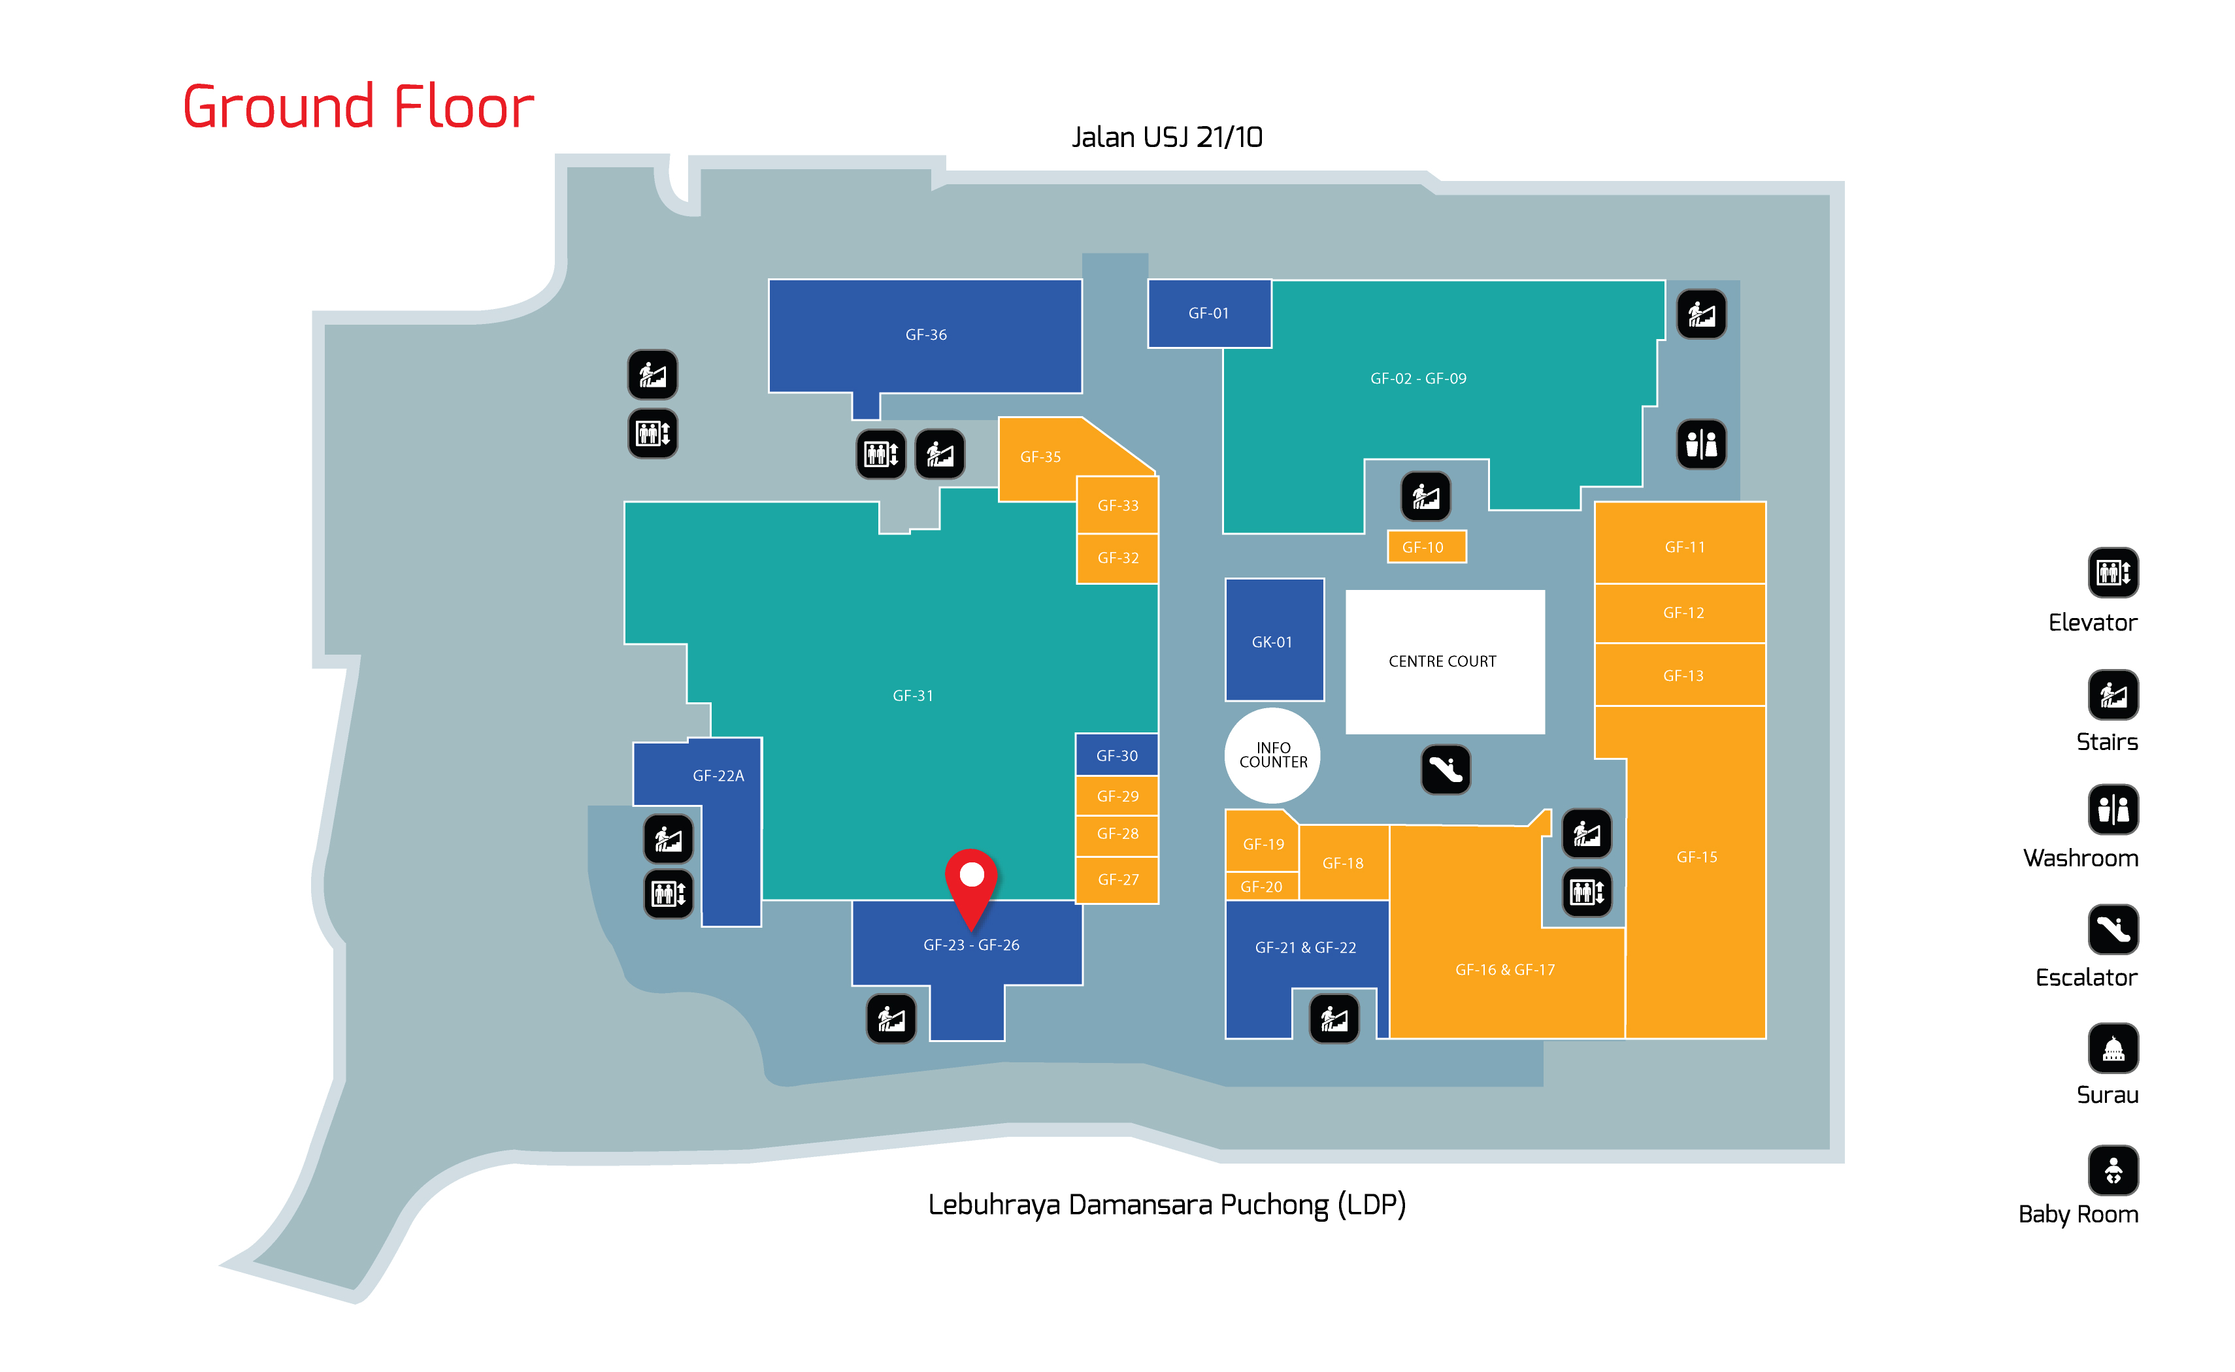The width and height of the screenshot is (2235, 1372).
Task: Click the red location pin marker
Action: point(971,880)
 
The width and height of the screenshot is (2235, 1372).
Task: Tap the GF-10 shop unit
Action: point(1425,547)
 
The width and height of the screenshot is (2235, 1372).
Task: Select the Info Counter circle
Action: point(1272,755)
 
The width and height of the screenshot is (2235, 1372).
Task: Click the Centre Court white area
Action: point(1444,661)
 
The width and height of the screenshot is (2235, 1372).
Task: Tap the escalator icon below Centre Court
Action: point(1445,770)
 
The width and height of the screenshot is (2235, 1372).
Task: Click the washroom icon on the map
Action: point(1700,445)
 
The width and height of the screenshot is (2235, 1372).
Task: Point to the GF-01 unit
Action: point(1209,313)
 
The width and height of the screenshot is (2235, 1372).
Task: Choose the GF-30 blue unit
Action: point(1116,755)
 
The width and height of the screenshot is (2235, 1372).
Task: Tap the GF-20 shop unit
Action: point(1261,887)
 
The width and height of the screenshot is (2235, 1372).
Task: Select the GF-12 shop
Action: point(1682,613)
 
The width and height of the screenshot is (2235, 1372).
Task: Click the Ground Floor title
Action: point(358,107)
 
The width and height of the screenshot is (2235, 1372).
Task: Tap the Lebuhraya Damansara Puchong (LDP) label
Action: point(1166,1204)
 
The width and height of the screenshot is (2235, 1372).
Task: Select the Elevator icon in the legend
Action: point(2113,572)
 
